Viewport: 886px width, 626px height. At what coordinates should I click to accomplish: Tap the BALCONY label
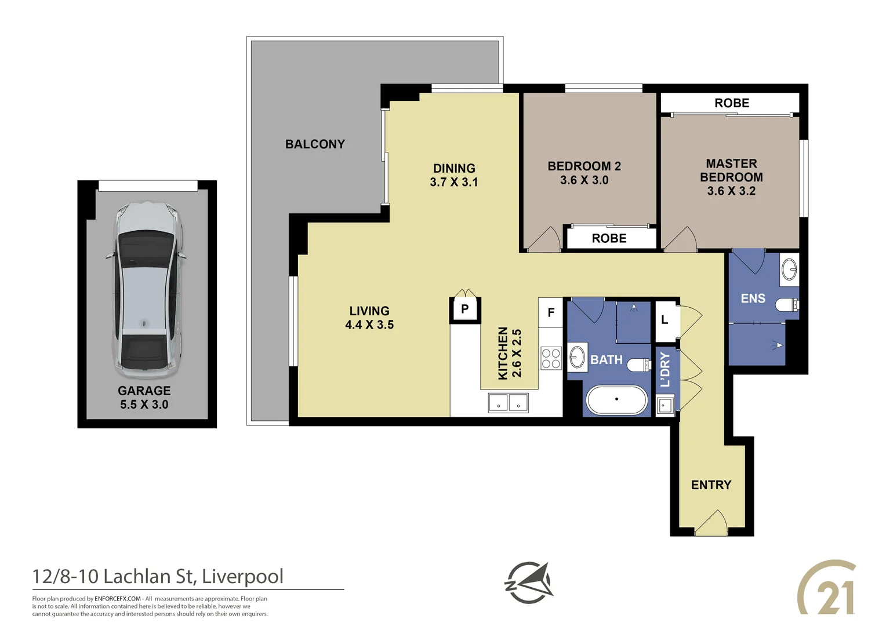(315, 144)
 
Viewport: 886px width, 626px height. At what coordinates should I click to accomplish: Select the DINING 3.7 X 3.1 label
(454, 175)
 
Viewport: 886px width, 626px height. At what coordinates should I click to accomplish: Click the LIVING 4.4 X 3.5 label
(369, 318)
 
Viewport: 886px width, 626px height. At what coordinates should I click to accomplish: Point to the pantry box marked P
(464, 310)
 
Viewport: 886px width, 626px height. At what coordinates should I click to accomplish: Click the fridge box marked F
(551, 313)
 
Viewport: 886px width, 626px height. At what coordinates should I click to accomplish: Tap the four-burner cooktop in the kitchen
(551, 358)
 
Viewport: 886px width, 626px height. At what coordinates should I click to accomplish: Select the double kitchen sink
(508, 402)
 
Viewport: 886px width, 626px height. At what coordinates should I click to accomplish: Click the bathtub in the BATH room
(616, 400)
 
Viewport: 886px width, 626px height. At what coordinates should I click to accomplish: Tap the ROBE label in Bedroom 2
(609, 238)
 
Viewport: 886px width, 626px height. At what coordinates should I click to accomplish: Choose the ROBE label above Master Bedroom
(732, 103)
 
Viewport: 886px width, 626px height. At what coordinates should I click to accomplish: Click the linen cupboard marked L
(665, 320)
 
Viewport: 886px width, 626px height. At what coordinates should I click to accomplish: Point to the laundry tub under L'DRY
(665, 405)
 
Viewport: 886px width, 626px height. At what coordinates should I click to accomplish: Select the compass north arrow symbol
(528, 583)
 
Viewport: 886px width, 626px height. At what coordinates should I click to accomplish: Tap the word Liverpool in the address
(243, 577)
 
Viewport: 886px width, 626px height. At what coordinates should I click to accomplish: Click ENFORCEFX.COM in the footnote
(118, 599)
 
